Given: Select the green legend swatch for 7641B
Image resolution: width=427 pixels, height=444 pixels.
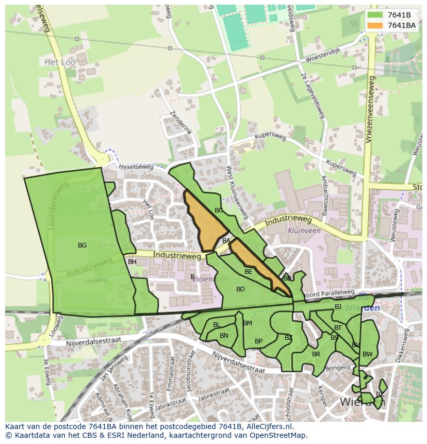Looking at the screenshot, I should coord(375,15).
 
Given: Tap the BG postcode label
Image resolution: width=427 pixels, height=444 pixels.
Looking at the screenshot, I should coord(82,245).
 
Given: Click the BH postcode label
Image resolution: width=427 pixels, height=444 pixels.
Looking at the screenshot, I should coord(132,262).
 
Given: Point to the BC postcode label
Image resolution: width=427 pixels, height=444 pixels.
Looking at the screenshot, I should coord(219,210).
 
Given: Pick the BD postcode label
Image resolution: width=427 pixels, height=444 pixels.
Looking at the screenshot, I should coord(240,289).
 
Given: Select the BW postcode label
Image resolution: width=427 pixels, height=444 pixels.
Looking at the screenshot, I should coord(367,354).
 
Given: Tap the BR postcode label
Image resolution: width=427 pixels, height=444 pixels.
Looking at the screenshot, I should coord(316,354).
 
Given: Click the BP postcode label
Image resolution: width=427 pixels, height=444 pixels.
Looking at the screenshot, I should coord(258,341).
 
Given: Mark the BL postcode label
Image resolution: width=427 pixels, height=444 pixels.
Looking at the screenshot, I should coord(217,325).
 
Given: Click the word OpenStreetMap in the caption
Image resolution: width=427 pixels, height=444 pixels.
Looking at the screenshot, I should coord(277,435).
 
